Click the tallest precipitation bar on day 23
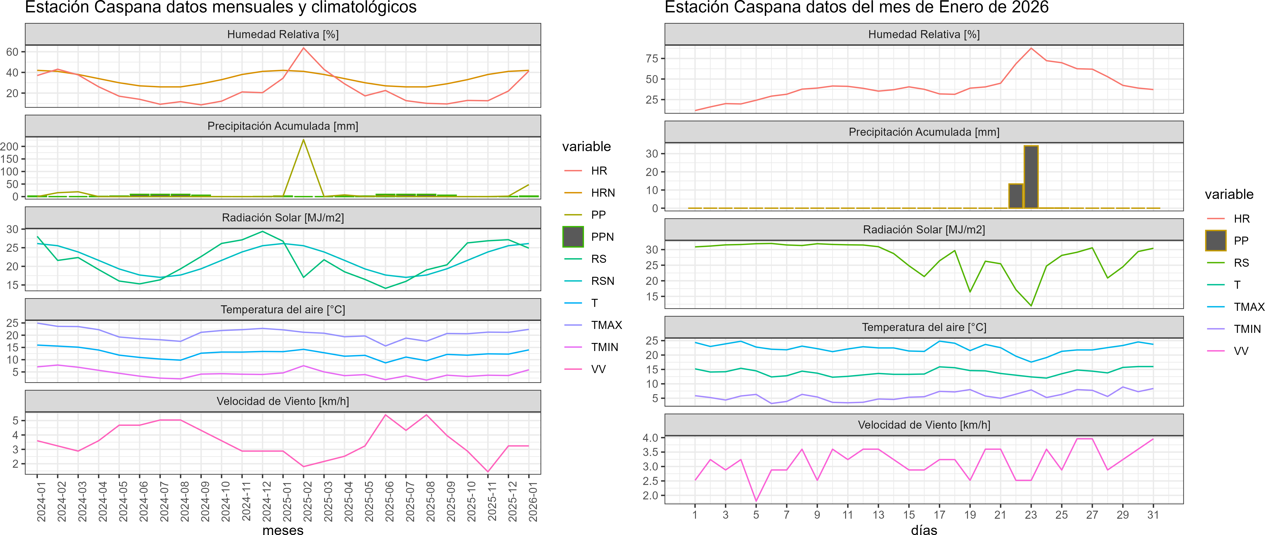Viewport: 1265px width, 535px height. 1031,177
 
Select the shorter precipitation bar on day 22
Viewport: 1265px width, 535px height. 1015,196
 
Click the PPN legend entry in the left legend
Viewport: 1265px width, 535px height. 573,237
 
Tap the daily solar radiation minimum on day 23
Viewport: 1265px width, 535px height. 1031,306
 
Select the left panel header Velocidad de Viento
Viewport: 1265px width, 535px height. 283,401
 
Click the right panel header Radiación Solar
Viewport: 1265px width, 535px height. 924,229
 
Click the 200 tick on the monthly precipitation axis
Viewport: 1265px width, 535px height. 9,146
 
